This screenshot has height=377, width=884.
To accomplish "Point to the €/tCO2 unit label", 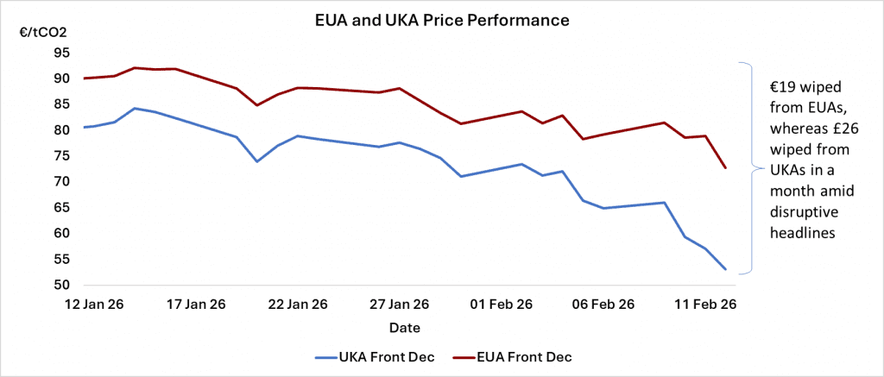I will pyautogui.click(x=43, y=33).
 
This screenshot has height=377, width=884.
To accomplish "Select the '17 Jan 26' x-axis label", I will pyautogui.click(x=196, y=304).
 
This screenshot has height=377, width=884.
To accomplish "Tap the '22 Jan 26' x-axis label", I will pyautogui.click(x=298, y=304).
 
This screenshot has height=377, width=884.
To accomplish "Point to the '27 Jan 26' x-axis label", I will pyautogui.click(x=400, y=304).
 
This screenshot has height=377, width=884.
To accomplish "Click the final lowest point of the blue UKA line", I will pyautogui.click(x=726, y=270).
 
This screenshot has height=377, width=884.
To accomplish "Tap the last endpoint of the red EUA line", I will pyautogui.click(x=726, y=168).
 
